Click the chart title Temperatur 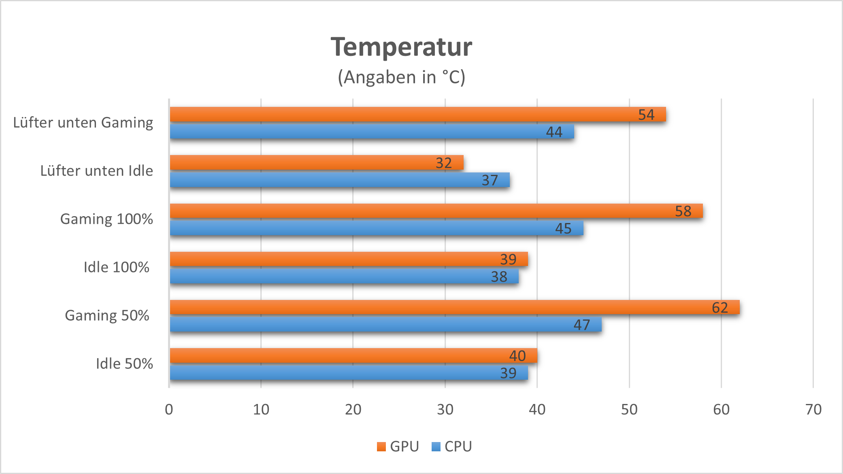pyautogui.click(x=401, y=47)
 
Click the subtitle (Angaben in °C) pyautogui.click(x=401, y=77)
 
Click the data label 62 pyautogui.click(x=720, y=308)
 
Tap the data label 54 pyautogui.click(x=646, y=115)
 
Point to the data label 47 pyautogui.click(x=582, y=325)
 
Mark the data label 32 pyautogui.click(x=444, y=163)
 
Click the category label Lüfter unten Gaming pyautogui.click(x=83, y=123)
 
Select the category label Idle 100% pyautogui.click(x=116, y=267)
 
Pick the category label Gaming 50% pyautogui.click(x=107, y=315)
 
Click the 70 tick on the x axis pyautogui.click(x=813, y=410)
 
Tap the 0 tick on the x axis pyautogui.click(x=169, y=410)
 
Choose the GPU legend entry pyautogui.click(x=398, y=446)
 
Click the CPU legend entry pyautogui.click(x=452, y=446)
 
